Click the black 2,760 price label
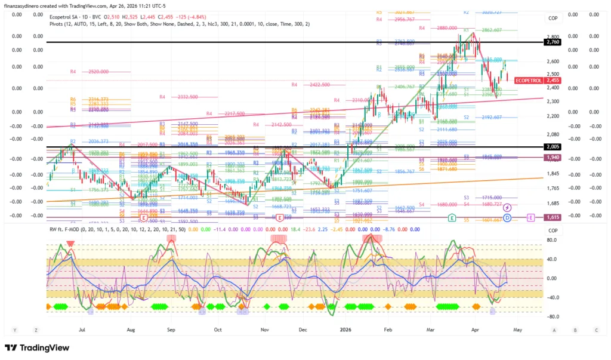coord(553,42)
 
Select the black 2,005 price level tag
coord(553,147)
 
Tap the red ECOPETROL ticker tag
coord(528,80)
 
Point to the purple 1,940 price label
coord(553,157)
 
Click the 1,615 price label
coord(553,218)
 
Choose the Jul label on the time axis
coord(82,329)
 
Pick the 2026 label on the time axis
coord(345,329)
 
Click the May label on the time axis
coord(517,329)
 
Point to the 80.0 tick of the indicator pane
coord(552,240)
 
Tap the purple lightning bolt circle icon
coord(507,207)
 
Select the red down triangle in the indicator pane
coord(70,244)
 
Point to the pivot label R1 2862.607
coord(484,30)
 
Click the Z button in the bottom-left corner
coord(36,330)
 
